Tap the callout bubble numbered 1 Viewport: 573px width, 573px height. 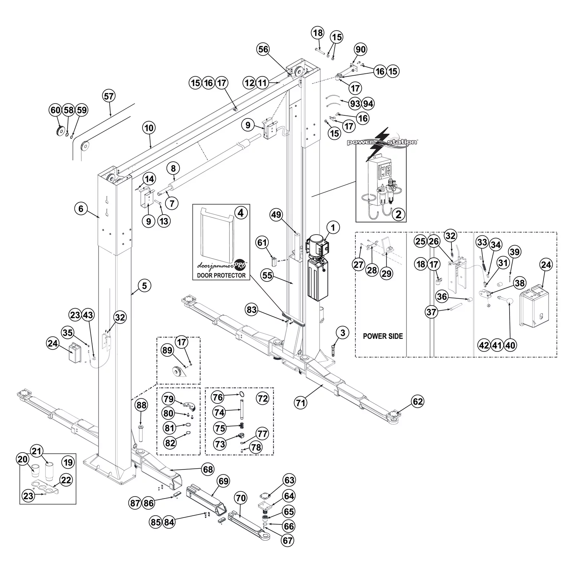pos(333,228)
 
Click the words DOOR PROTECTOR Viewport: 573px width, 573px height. pos(221,275)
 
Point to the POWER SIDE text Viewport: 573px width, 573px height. pos(383,336)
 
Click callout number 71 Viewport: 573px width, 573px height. pos(301,402)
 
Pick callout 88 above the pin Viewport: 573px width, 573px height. pos(141,406)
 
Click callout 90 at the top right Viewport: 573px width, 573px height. pos(360,49)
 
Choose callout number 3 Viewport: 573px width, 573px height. pos(342,333)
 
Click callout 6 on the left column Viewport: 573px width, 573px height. pos(81,209)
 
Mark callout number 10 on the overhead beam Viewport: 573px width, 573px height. pos(149,128)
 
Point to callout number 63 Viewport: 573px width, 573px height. pos(289,480)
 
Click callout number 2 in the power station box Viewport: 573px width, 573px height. pos(398,214)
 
